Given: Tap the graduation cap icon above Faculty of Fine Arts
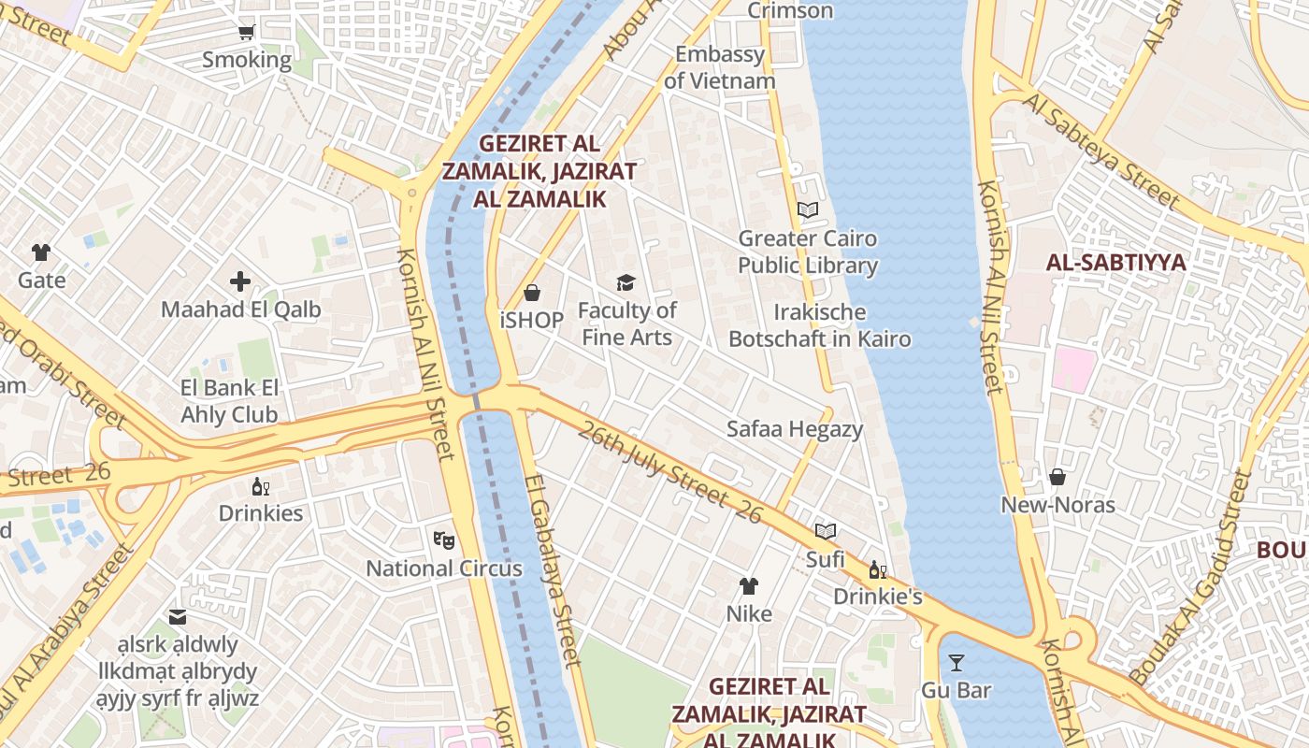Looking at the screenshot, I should coord(626,282).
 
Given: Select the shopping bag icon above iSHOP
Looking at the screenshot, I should coord(532,294).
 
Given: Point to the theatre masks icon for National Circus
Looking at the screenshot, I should coord(443,539).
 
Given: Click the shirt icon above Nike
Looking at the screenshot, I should coord(749,586).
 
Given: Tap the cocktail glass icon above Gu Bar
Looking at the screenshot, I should coord(956,663).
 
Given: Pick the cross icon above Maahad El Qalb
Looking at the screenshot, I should coord(240,281).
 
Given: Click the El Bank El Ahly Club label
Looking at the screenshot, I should coord(229,401).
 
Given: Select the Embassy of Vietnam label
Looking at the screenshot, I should coord(720,67).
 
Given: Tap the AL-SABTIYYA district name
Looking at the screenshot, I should coord(1115,263).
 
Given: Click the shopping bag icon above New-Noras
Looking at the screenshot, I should coord(1057,478).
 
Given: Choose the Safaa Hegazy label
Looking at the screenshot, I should coord(795,429).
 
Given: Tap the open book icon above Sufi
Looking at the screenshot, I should coord(825,532).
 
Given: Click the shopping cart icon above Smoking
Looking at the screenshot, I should coord(247,33).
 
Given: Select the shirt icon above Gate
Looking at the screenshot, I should coord(41,252).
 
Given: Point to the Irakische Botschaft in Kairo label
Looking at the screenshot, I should coord(819,325).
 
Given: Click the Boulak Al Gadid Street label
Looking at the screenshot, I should coord(1191,578).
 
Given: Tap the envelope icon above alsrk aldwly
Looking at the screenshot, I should coord(178,617).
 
